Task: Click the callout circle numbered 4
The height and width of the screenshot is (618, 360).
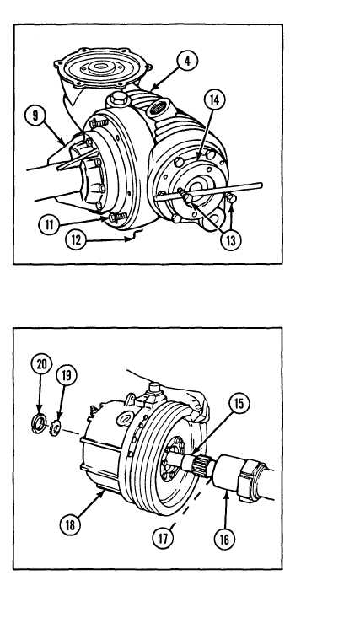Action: [x=187, y=61]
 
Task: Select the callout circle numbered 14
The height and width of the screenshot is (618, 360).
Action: [x=214, y=100]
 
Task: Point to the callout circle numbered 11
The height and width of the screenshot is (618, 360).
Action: [x=49, y=224]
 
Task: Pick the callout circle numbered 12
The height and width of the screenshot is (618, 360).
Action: [x=76, y=239]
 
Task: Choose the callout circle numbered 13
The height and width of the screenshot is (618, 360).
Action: [x=231, y=240]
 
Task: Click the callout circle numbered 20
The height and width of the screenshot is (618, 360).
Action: [x=41, y=364]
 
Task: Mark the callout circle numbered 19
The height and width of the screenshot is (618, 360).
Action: [x=67, y=376]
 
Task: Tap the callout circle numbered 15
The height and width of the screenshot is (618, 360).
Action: [x=240, y=404]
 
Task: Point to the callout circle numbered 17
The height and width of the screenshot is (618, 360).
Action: [x=164, y=539]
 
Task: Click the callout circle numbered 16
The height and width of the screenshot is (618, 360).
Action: [x=224, y=539]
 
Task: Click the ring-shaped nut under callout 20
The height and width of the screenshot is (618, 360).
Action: [x=39, y=424]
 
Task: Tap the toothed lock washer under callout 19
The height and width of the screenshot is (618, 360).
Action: [x=55, y=427]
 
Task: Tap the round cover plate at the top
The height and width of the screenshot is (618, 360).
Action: [x=104, y=67]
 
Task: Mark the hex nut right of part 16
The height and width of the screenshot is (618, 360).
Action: [x=248, y=481]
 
